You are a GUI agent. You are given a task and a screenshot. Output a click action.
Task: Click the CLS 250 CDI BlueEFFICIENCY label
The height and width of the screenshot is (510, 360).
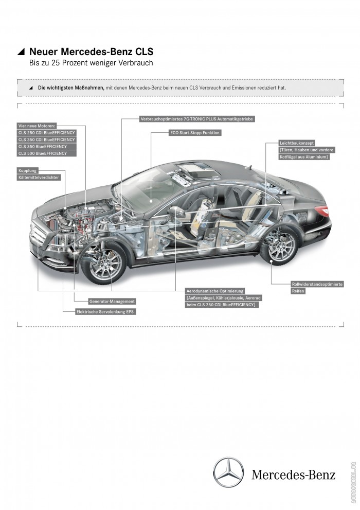[46, 133]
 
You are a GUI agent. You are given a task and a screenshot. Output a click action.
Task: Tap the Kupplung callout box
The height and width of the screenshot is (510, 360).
[28, 170]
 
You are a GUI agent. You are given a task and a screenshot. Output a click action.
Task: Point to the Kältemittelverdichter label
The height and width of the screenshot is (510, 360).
[39, 177]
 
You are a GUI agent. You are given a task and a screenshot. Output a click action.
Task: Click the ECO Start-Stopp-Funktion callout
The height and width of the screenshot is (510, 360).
[194, 132]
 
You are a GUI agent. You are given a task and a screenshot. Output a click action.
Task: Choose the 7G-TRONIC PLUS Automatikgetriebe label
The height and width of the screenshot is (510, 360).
[197, 119]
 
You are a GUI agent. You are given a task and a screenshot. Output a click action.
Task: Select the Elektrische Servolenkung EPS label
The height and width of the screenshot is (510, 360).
[106, 311]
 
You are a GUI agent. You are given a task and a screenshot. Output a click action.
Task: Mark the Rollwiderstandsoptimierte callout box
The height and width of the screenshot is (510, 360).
[310, 284]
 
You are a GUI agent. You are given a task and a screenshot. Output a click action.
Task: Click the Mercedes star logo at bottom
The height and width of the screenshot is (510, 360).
[229, 473]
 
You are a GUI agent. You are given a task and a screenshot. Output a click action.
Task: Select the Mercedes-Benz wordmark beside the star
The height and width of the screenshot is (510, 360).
[293, 474]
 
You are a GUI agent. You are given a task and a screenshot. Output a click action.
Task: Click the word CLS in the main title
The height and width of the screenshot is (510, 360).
[142, 52]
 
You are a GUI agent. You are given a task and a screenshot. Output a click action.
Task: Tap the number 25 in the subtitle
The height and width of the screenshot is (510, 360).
[57, 63]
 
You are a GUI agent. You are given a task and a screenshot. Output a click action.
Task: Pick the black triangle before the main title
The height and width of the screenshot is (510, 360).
[21, 52]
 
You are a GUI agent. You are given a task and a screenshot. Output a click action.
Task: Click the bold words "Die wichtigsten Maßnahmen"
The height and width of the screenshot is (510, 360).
[71, 88]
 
